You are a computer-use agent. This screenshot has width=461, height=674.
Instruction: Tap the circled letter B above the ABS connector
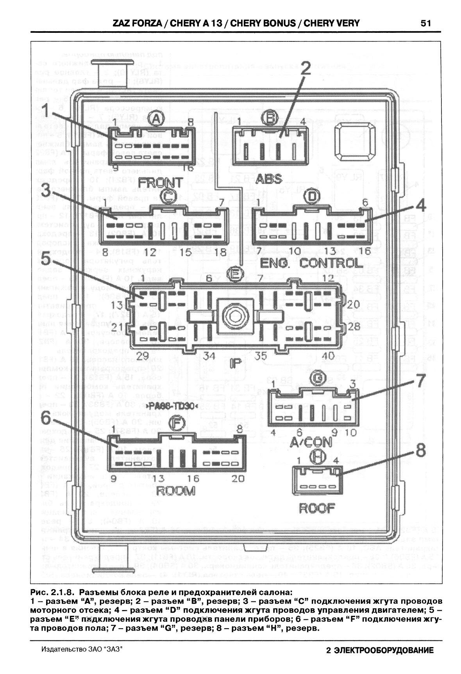click(271, 116)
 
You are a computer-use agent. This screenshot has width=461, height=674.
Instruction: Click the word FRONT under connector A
click(161, 182)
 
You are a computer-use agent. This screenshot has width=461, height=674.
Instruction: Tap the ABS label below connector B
click(269, 179)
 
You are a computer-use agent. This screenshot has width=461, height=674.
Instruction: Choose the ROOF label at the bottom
click(317, 508)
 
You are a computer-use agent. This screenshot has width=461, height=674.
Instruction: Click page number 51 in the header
click(425, 23)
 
